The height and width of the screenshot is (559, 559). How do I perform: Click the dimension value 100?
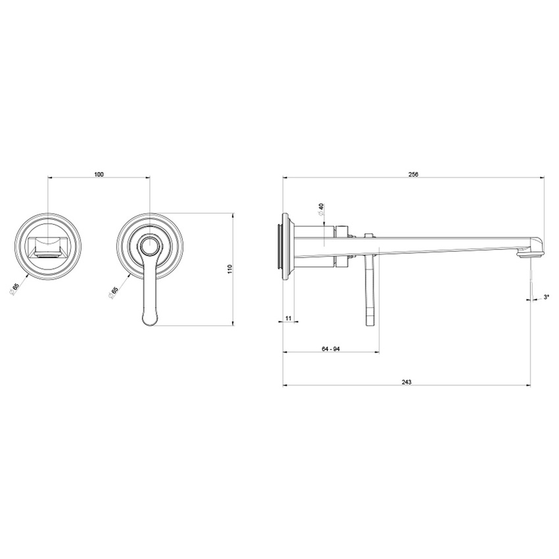pos(99,174)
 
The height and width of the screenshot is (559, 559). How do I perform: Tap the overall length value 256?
pos(413,174)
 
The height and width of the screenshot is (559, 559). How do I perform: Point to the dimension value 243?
pos(406,382)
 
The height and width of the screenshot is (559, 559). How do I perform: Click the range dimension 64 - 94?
pos(330,349)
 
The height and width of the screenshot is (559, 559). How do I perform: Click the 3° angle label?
pos(545,298)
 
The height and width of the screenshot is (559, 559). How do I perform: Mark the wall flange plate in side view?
pos(286,247)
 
